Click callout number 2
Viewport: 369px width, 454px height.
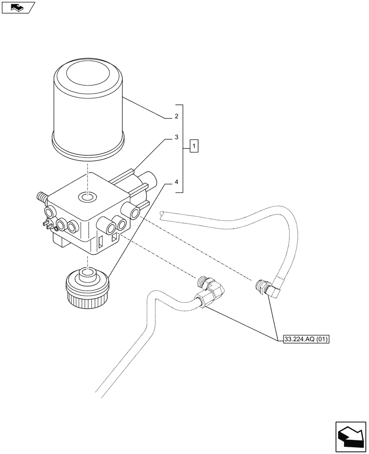point(176,117)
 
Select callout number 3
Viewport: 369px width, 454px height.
point(176,137)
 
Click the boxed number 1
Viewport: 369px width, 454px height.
point(194,147)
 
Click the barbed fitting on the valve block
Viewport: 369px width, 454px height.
point(41,197)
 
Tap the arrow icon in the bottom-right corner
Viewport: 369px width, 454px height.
point(350,436)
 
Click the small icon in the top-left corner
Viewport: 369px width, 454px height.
point(18,7)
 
